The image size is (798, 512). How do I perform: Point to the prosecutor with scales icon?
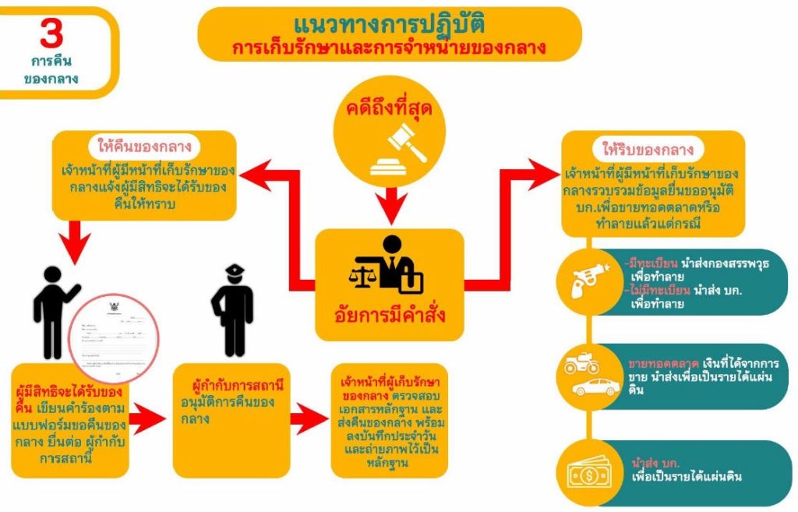coord(387,267)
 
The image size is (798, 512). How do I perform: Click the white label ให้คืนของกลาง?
coord(144,147)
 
